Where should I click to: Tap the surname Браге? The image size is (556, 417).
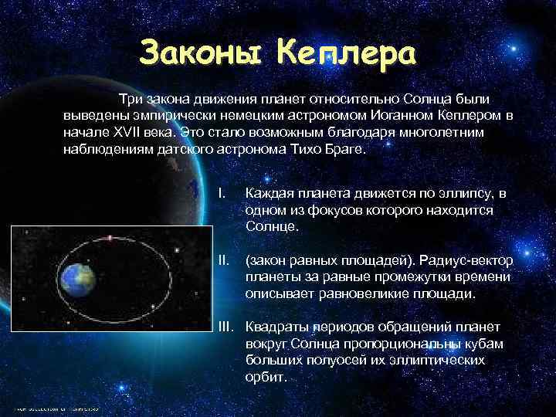tap(341, 148)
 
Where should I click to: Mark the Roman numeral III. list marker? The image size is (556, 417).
tap(225, 327)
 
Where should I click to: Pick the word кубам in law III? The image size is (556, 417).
tap(506, 344)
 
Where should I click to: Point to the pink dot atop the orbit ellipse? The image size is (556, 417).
tap(110, 238)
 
